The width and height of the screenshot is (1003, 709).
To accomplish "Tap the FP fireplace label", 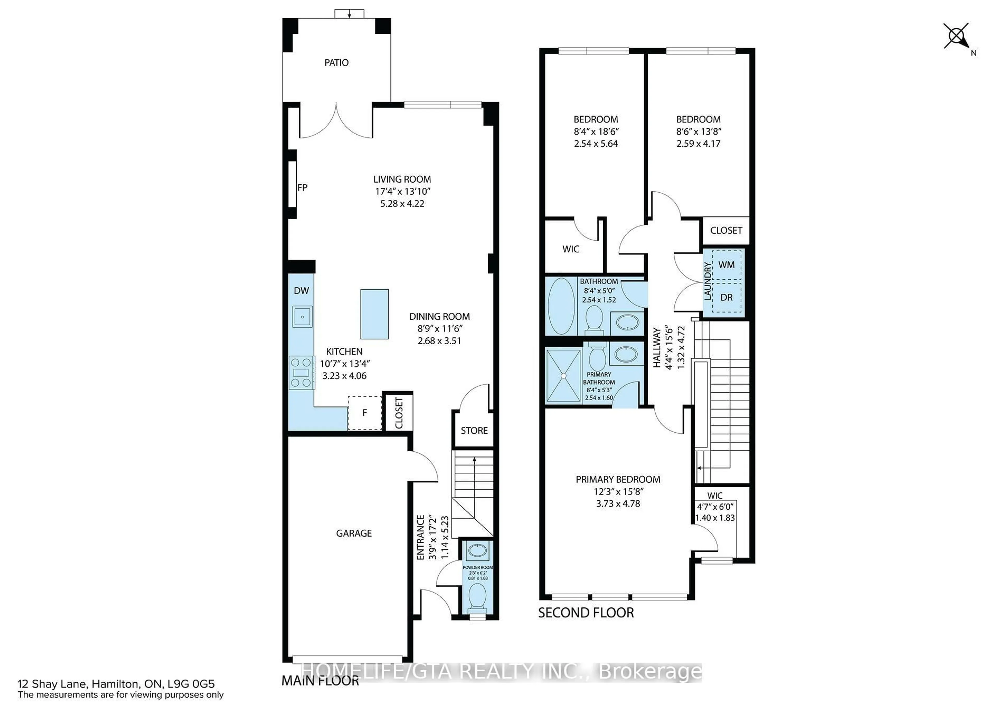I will (302, 188).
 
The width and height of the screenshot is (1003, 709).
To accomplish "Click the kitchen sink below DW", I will (302, 316).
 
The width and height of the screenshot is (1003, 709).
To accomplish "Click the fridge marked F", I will (365, 412).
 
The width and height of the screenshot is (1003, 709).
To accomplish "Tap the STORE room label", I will (474, 430).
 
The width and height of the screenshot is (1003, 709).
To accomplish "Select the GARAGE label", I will (354, 533).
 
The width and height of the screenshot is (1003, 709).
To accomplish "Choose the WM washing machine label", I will (726, 264).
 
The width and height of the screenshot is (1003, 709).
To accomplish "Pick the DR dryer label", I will (726, 297).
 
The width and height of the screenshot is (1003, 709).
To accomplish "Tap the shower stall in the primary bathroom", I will (563, 375).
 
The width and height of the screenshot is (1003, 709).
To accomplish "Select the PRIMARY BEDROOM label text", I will (618, 479).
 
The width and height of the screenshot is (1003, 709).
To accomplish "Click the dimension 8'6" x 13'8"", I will (698, 131).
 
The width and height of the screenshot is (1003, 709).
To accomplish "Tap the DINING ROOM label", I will (440, 316).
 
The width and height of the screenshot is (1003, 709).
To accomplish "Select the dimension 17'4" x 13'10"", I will (402, 191).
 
